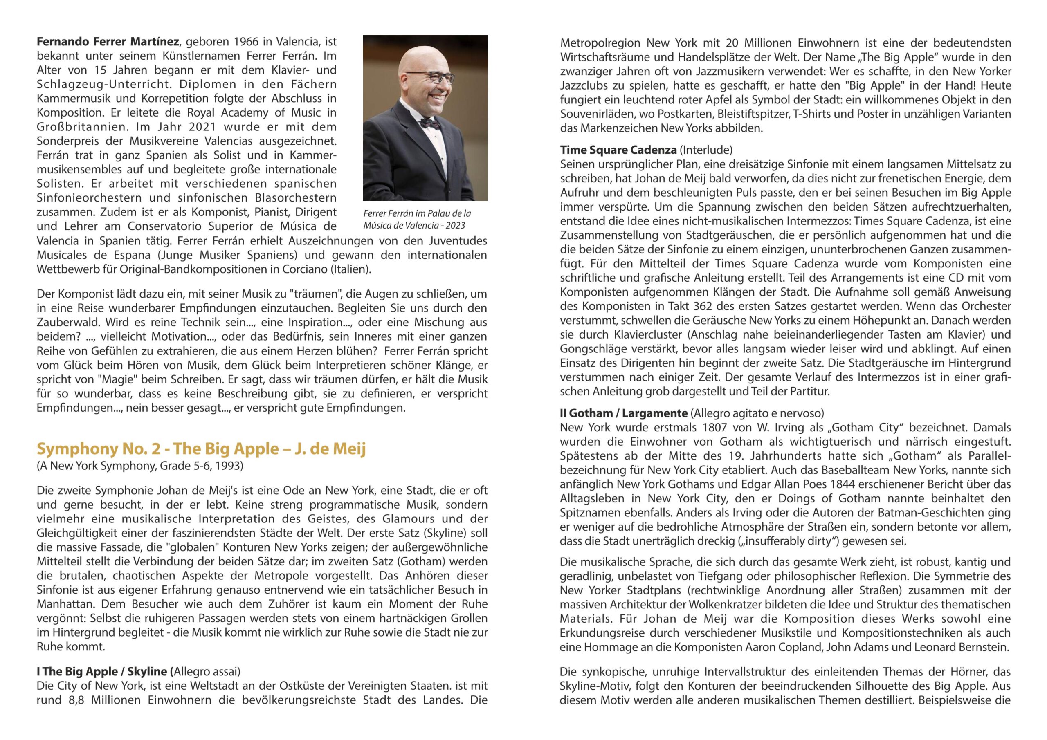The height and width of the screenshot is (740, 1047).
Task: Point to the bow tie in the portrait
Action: pos(429,123)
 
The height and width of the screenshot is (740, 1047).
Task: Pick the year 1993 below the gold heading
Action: pos(229,466)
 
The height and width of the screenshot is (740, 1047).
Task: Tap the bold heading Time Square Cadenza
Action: pos(618,150)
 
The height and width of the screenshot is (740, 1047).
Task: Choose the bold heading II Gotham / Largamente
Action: pos(623,413)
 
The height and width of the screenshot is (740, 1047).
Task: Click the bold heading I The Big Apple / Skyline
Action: pos(102,672)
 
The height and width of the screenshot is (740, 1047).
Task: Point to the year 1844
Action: pos(830,484)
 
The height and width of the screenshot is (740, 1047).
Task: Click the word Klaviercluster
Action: pos(650,335)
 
